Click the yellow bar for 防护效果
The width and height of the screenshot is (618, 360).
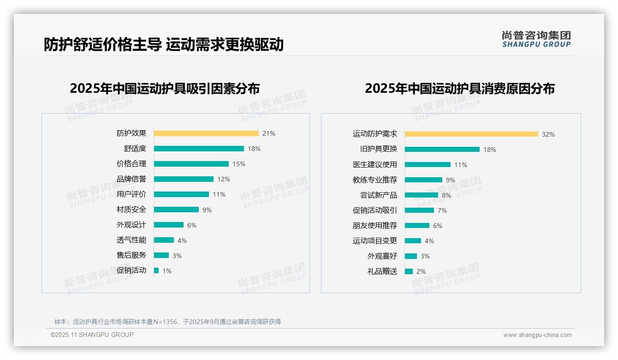click(206, 133)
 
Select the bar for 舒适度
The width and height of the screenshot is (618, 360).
click(199, 149)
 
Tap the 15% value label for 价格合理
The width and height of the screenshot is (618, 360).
click(239, 164)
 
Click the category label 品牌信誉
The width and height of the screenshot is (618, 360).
click(131, 179)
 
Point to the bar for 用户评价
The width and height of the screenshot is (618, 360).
click(181, 194)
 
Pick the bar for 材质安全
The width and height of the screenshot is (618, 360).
click(176, 210)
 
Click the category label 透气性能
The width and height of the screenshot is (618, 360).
click(131, 240)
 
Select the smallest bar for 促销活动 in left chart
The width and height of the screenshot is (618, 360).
click(156, 270)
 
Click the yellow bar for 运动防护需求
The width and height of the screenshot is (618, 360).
click(471, 134)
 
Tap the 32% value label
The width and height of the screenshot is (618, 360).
click(548, 134)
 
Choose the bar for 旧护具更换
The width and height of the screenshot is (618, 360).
click(442, 150)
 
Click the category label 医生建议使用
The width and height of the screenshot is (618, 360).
click(375, 165)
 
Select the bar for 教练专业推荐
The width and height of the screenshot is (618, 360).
click(423, 180)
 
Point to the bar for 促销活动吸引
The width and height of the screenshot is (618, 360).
click(419, 210)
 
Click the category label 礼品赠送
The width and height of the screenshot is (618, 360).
click(382, 271)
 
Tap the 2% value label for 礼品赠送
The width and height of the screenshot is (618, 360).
click(421, 271)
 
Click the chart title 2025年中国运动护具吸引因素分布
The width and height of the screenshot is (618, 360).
click(165, 88)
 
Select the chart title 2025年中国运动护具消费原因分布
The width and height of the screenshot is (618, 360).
click(460, 88)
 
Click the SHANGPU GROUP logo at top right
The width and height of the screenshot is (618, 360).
click(536, 39)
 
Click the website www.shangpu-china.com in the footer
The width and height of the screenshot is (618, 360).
click(537, 335)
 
